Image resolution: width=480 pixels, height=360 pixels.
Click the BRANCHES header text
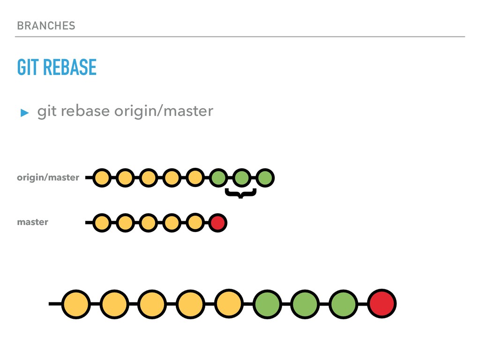pos(46,26)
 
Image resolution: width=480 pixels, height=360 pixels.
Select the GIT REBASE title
pos(57,67)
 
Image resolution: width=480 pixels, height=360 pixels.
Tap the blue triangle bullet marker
pos(24,112)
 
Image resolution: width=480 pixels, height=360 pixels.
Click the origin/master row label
pos(48,178)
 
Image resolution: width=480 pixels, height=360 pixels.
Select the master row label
pos(32,222)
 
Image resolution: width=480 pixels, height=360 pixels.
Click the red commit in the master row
pos(217,223)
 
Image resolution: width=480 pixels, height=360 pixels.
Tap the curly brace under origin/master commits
pos(240,193)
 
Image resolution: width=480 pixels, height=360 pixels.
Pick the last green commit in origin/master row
pos(265,178)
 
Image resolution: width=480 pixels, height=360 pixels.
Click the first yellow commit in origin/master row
pos(101,178)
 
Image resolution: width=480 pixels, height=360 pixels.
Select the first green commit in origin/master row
pos(218,178)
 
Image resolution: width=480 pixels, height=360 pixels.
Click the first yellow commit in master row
pos(101,223)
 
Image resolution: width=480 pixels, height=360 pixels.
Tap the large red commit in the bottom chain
pos(382,304)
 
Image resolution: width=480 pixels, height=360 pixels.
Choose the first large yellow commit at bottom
pos(75,304)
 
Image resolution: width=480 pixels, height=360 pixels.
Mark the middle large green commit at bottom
pos(305,304)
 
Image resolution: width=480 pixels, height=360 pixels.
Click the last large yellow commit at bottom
pos(229,304)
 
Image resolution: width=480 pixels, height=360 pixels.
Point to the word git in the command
pos(46,112)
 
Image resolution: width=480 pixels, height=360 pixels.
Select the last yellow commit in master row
pos(195,223)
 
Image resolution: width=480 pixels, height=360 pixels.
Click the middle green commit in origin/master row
pos(241,178)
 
